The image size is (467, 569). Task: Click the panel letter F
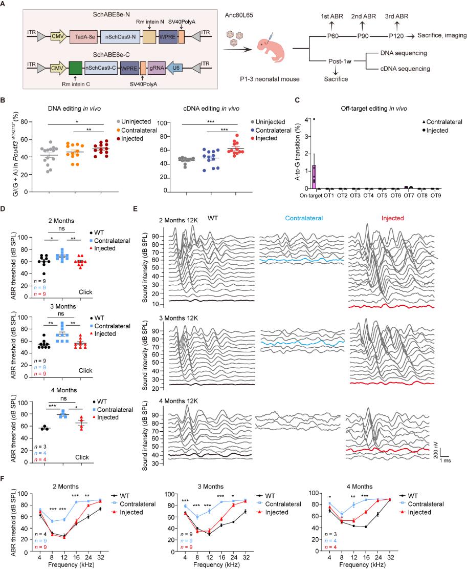(4, 479)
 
